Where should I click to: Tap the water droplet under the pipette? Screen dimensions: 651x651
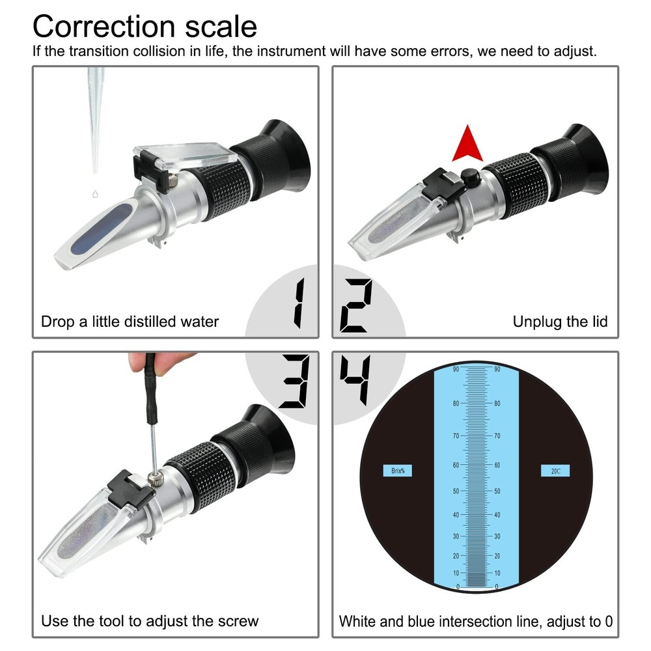[96, 193]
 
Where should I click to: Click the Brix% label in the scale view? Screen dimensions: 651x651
[398, 471]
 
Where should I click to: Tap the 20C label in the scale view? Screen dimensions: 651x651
[555, 471]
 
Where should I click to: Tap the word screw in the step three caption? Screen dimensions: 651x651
[239, 620]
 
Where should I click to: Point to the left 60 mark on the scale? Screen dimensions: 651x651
[456, 465]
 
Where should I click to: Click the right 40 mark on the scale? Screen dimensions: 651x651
[497, 514]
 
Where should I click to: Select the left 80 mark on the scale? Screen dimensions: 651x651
[456, 404]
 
